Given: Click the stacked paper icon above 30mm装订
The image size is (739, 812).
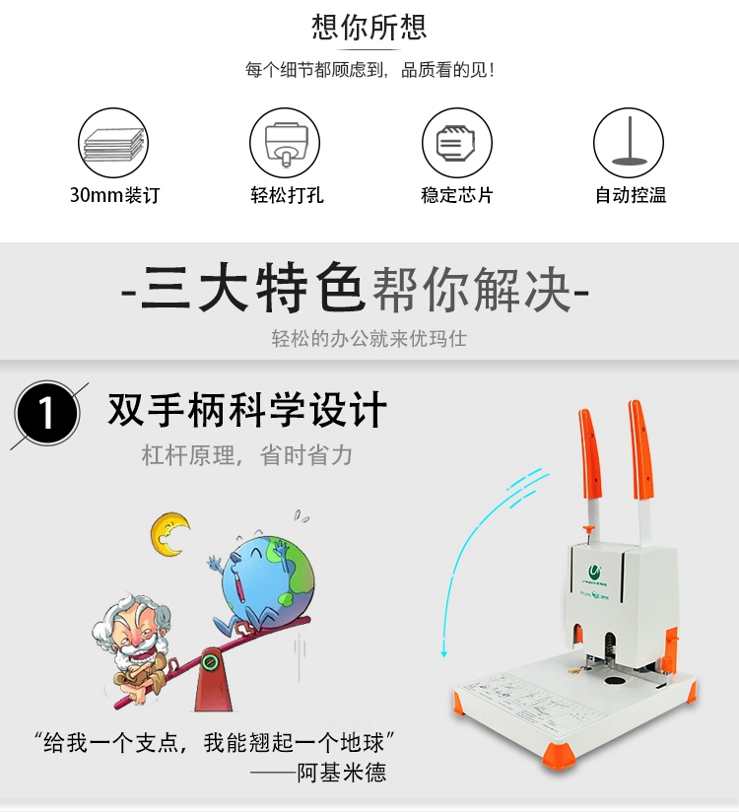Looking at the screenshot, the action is click(113, 143).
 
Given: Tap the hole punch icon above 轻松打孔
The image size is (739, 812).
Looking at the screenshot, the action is click(285, 143).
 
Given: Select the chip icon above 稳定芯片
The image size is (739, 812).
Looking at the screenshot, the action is click(457, 143).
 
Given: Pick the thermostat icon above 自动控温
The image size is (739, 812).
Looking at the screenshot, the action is click(629, 143).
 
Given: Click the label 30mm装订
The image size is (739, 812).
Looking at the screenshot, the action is click(114, 195).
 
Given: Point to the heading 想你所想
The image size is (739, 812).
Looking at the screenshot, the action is click(369, 27).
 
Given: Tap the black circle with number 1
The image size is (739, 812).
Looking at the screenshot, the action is click(47, 413).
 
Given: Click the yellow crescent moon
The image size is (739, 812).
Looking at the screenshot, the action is click(168, 535).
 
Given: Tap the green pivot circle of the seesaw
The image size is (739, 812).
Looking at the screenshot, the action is click(210, 662).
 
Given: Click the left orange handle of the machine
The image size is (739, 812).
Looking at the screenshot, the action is click(590, 455).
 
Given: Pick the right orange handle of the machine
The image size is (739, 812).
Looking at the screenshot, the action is click(641, 450).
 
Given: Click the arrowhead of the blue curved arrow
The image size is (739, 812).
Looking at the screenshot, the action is click(443, 654).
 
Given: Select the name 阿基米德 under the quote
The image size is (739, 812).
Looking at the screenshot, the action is click(342, 773).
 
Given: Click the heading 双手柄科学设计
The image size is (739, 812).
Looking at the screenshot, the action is click(247, 410).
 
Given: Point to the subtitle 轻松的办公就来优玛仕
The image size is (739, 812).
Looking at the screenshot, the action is click(369, 339).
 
